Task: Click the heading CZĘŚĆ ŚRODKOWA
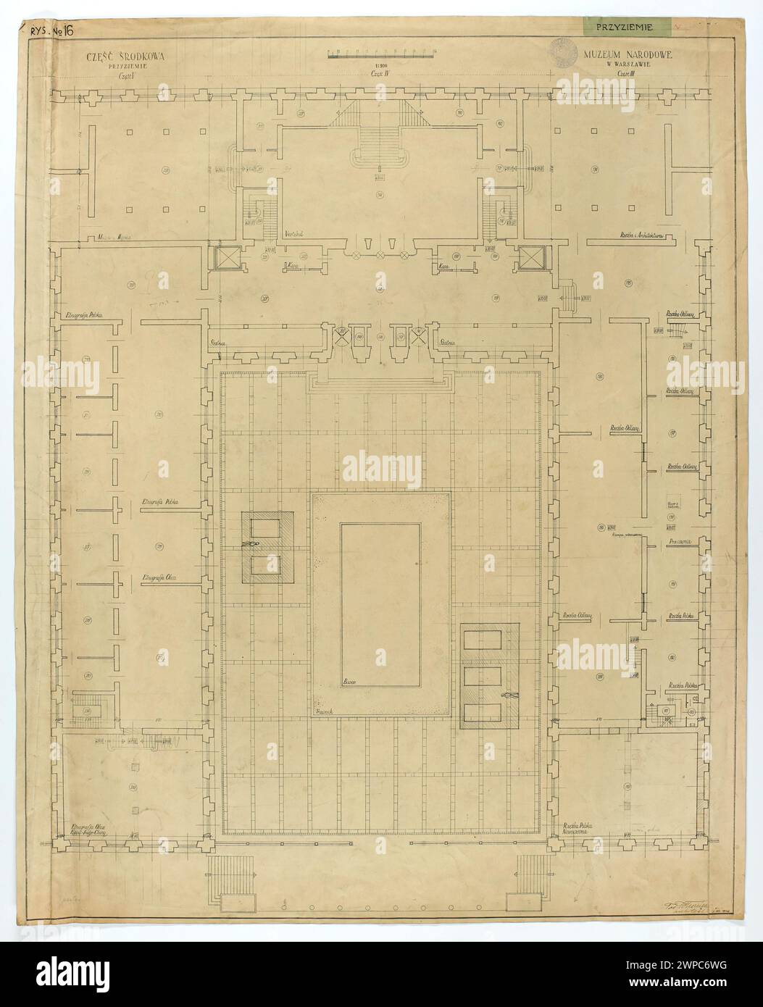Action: [117, 56]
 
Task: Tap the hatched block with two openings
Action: [267, 547]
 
